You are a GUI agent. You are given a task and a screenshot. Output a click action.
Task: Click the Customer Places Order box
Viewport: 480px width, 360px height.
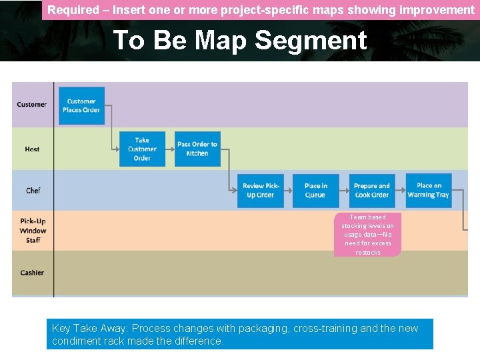click(x=81, y=105)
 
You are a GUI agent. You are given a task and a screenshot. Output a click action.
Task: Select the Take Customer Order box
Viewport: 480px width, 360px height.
click(x=142, y=149)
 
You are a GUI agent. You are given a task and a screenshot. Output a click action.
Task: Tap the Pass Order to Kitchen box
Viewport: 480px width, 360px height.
click(x=197, y=149)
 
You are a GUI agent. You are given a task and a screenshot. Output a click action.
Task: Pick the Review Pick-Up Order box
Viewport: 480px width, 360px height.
click(x=260, y=191)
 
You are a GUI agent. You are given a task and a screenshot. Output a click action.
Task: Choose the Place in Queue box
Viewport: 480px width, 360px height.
click(x=315, y=191)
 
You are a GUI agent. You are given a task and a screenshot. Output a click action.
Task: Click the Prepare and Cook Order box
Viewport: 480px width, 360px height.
click(x=371, y=191)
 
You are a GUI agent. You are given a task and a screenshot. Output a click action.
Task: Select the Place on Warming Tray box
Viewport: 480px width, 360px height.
click(x=429, y=190)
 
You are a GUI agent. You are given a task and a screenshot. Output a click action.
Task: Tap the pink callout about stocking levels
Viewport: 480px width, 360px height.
click(x=367, y=235)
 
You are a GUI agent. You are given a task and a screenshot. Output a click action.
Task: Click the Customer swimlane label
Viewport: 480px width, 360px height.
click(x=32, y=105)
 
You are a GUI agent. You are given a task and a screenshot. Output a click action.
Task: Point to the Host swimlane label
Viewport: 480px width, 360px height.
click(x=32, y=149)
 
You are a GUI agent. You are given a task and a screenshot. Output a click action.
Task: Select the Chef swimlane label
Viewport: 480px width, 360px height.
click(x=33, y=191)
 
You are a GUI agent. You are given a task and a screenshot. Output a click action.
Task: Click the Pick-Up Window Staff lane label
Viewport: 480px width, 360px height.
click(x=33, y=231)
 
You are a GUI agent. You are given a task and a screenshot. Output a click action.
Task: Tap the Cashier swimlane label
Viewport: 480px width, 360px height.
click(x=32, y=273)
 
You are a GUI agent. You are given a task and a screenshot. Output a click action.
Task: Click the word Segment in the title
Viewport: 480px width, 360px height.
click(x=311, y=41)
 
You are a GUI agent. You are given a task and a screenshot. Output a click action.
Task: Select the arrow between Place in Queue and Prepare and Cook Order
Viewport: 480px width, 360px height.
click(x=344, y=191)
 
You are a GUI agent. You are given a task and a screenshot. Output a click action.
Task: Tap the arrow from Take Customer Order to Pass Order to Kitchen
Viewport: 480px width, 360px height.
click(x=170, y=149)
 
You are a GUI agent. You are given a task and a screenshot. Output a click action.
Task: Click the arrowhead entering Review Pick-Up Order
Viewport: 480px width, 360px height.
click(x=234, y=191)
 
